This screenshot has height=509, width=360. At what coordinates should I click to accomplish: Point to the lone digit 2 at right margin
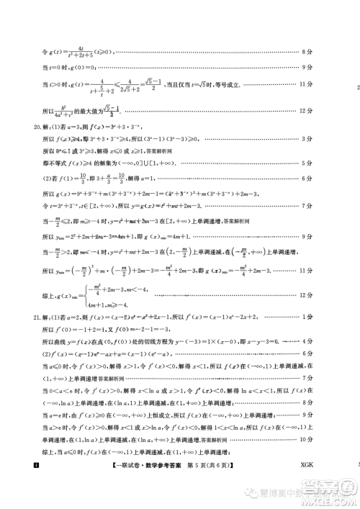click(358, 89)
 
